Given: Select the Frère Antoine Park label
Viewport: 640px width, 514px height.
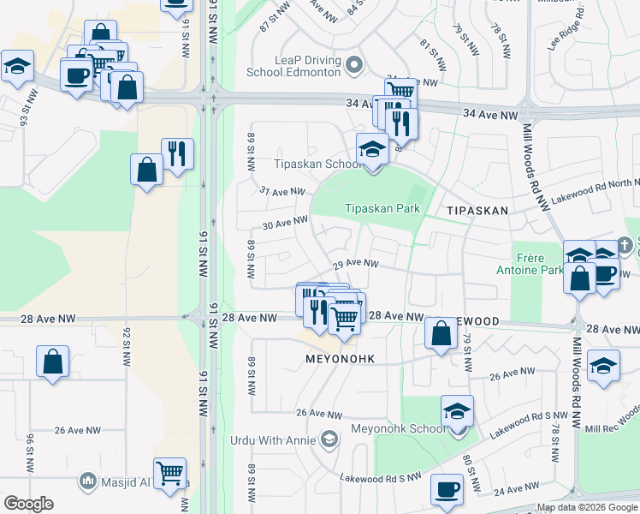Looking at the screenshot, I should pyautogui.click(x=536, y=263).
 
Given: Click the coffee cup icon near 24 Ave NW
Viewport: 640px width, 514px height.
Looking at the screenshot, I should pyautogui.click(x=447, y=489).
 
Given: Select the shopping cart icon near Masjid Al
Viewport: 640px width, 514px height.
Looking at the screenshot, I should pyautogui.click(x=171, y=470).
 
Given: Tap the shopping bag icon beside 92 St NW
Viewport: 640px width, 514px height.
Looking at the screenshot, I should pyautogui.click(x=53, y=361).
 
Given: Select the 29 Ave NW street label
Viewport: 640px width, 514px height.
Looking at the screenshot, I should pyautogui.click(x=355, y=264).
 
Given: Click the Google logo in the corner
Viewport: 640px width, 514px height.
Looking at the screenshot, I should pyautogui.click(x=28, y=504).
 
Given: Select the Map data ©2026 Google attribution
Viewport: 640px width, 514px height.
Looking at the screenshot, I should pyautogui.click(x=586, y=508).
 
